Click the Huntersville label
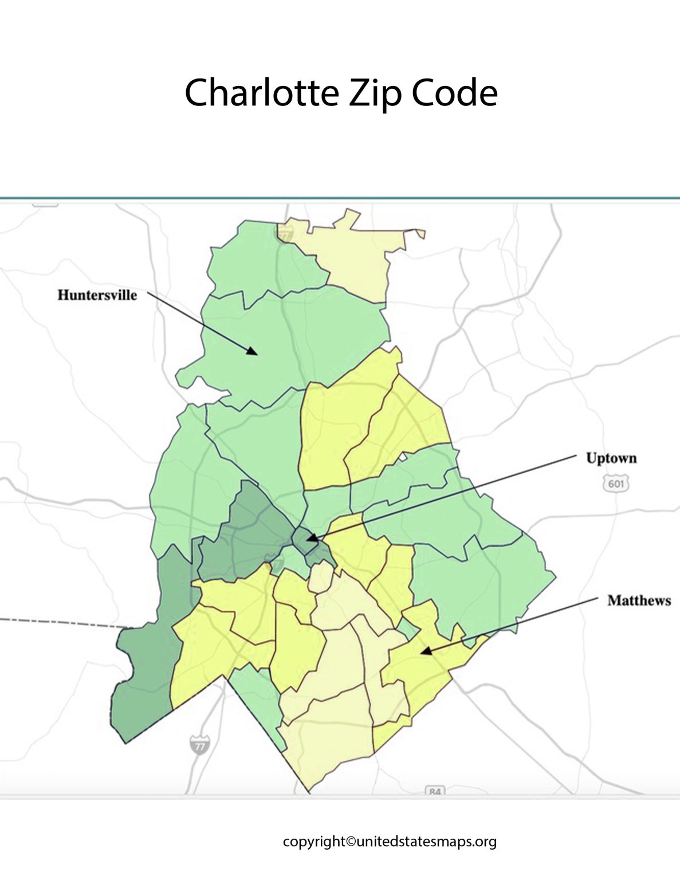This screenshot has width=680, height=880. point(97,295)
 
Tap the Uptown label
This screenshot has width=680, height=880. point(611,458)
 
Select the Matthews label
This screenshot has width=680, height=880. point(639,600)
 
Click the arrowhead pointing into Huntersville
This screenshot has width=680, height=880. point(253,351)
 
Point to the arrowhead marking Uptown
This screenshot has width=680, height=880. point(310,539)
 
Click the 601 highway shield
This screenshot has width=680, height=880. point(615,484)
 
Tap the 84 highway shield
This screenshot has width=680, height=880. point(435,792)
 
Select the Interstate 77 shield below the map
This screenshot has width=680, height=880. point(198,745)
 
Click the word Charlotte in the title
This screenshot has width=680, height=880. point(261,93)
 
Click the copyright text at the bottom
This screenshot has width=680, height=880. point(390,842)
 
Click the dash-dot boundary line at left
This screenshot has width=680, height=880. point(57,623)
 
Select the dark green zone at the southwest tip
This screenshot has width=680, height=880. point(143,676)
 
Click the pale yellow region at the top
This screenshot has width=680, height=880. point(355,258)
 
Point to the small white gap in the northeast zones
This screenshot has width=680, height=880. point(403,457)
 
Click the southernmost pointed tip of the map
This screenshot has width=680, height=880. point(309,792)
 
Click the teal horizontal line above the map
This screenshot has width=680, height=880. point(340,198)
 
